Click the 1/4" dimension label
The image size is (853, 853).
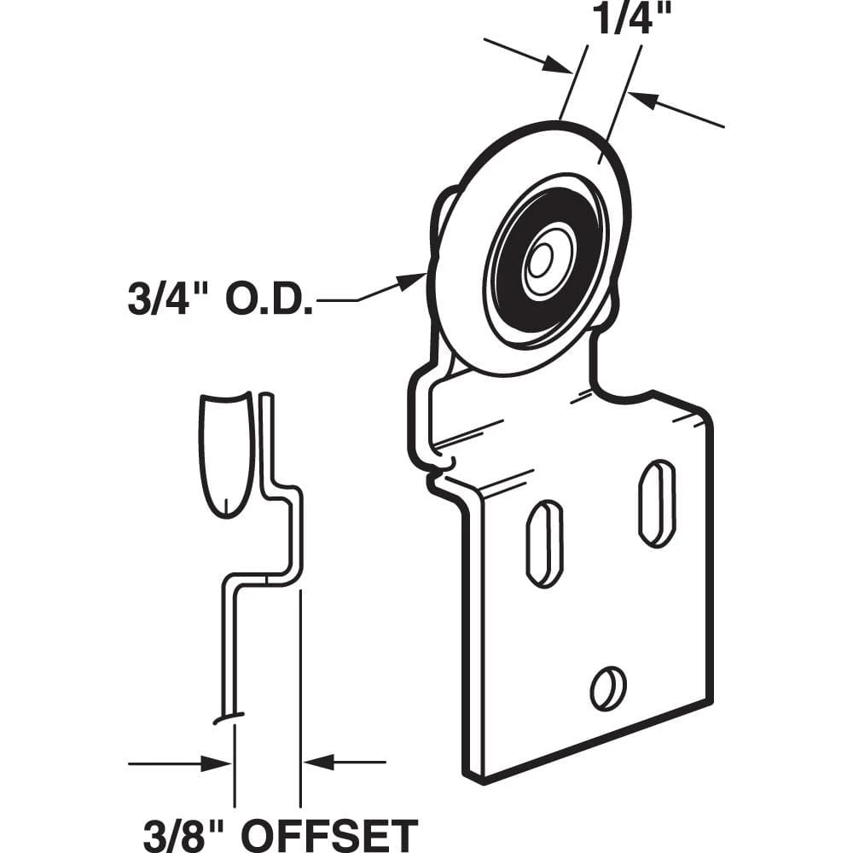click(x=620, y=19)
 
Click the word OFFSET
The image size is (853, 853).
click(x=333, y=833)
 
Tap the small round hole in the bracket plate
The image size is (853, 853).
click(x=608, y=688)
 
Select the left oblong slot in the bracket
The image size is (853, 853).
click(x=544, y=544)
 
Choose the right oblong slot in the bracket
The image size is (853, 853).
click(x=657, y=503)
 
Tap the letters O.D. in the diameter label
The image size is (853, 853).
click(x=278, y=301)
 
